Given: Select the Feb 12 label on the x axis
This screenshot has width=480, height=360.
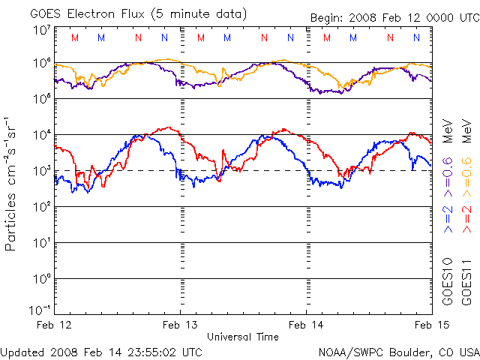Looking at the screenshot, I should (x=55, y=325).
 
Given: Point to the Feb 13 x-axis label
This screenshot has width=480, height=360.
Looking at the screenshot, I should (x=181, y=325).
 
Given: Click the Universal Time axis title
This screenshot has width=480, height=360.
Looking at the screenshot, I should (x=243, y=337).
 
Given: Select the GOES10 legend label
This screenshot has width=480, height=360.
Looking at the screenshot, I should (x=447, y=284).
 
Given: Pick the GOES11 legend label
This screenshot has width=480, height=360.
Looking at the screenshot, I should (x=466, y=284).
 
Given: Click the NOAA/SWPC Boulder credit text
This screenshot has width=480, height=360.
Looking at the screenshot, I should (x=397, y=352).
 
